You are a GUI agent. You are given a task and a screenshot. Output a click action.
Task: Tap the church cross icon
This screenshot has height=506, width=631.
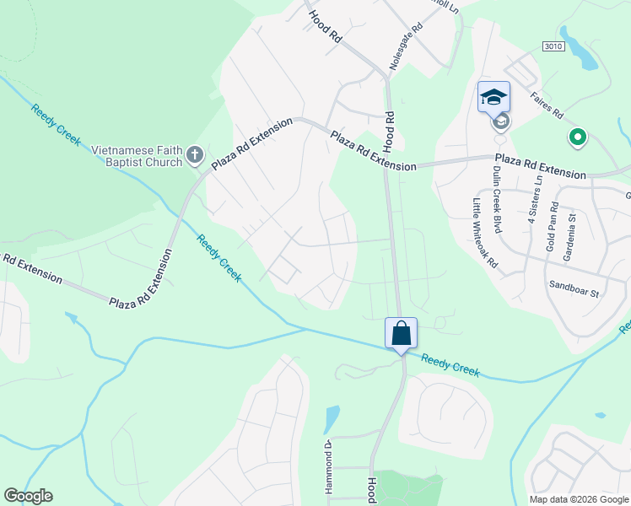pyautogui.click(x=195, y=155)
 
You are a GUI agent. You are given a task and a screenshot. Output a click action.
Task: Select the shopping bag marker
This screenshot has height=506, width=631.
pyautogui.click(x=401, y=332)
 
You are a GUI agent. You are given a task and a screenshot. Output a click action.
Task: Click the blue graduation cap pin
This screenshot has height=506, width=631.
pyautogui.click(x=493, y=96)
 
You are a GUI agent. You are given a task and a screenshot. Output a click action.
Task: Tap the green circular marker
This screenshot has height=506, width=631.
pyautogui.click(x=578, y=136)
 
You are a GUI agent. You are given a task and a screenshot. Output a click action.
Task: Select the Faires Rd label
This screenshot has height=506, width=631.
pyautogui.click(x=547, y=107)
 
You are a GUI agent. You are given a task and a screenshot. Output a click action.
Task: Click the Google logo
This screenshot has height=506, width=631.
pyautogui.click(x=28, y=496)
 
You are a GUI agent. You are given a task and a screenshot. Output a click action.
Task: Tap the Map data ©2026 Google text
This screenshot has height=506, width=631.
pyautogui.click(x=578, y=499)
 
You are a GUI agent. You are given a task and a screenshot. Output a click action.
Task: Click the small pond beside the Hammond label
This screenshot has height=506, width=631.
pyautogui.click(x=332, y=419)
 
